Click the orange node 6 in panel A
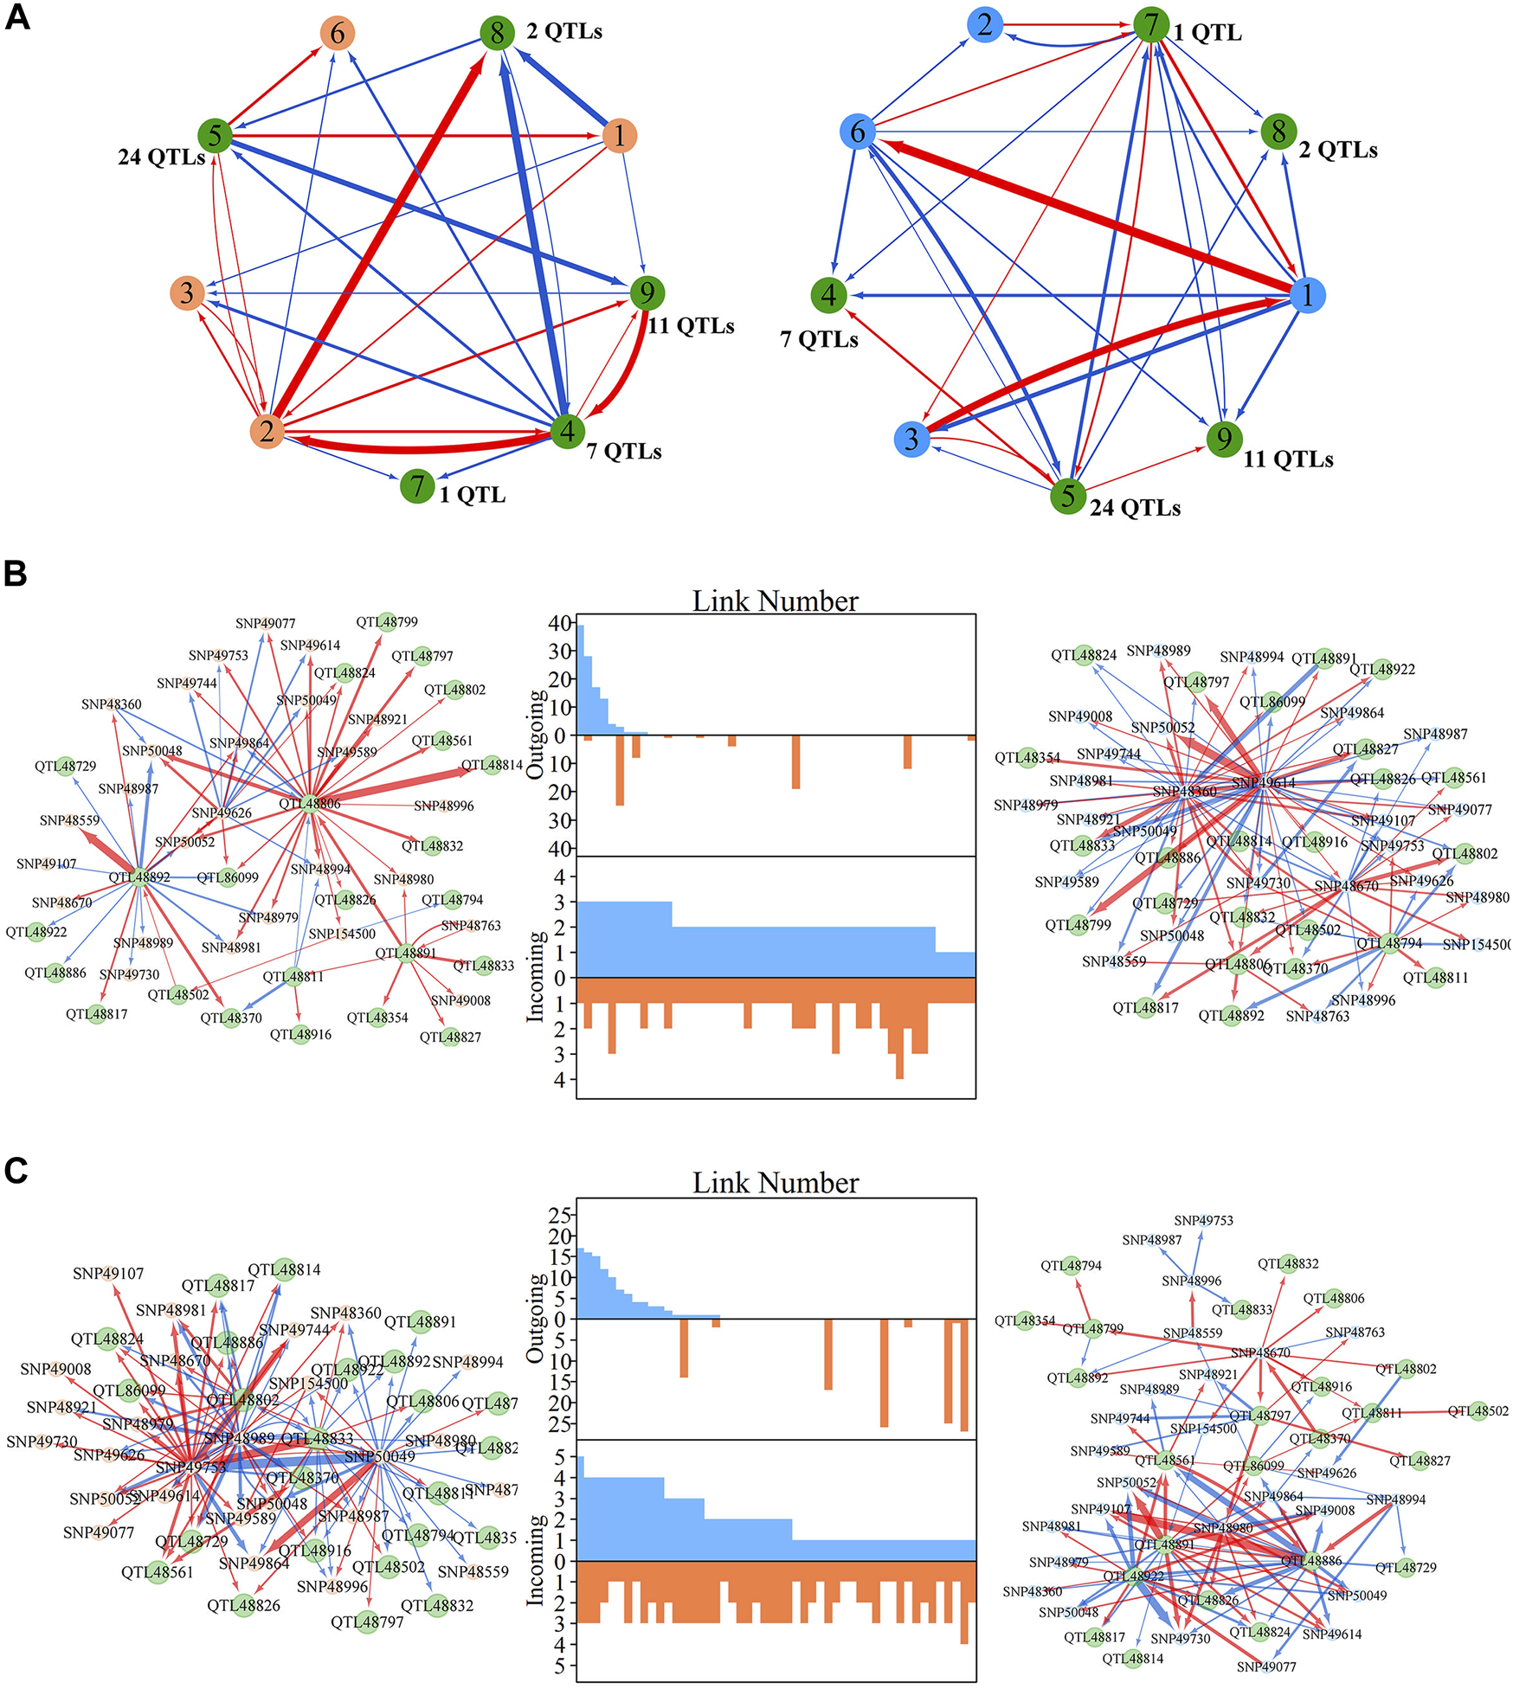tap(337, 33)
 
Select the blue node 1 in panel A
tap(1307, 295)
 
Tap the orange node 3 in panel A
tap(187, 292)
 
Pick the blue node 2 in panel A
tap(985, 24)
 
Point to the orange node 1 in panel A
tap(619, 136)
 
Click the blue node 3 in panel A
tap(911, 439)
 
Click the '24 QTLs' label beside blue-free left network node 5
tap(161, 157)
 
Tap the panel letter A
tap(17, 17)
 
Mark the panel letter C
tap(16, 1170)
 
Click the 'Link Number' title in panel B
tap(775, 600)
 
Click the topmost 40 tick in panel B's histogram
tap(560, 623)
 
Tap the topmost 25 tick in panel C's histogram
tap(560, 1216)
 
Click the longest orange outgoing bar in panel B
tap(620, 770)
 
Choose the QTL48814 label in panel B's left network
tap(492, 765)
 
